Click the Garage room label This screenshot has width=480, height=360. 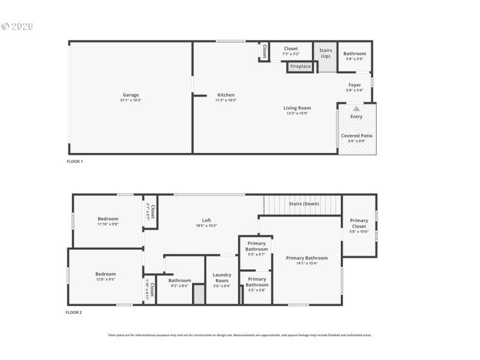pyautogui.click(x=131, y=95)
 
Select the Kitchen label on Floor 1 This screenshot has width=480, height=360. pyautogui.click(x=226, y=95)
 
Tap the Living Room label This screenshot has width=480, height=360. pyautogui.click(x=297, y=108)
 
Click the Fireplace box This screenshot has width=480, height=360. pyautogui.click(x=301, y=67)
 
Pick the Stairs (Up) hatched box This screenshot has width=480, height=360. pyautogui.click(x=326, y=56)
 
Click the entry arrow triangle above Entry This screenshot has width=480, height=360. pyautogui.click(x=356, y=109)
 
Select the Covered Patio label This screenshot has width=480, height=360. pyautogui.click(x=357, y=136)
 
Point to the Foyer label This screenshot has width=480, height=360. pyautogui.click(x=355, y=85)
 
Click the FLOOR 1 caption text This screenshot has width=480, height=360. pyautogui.click(x=74, y=162)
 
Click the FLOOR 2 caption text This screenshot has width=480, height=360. pyautogui.click(x=74, y=313)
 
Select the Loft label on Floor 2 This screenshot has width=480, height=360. pyautogui.click(x=206, y=220)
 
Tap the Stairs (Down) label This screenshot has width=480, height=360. pyautogui.click(x=304, y=204)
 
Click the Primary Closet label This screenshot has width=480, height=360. pyautogui.click(x=359, y=224)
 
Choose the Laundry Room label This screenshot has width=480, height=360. pyautogui.click(x=222, y=278)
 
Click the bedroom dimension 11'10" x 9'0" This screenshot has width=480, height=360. pyautogui.click(x=108, y=224)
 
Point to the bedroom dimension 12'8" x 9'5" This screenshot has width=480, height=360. pyautogui.click(x=105, y=279)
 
